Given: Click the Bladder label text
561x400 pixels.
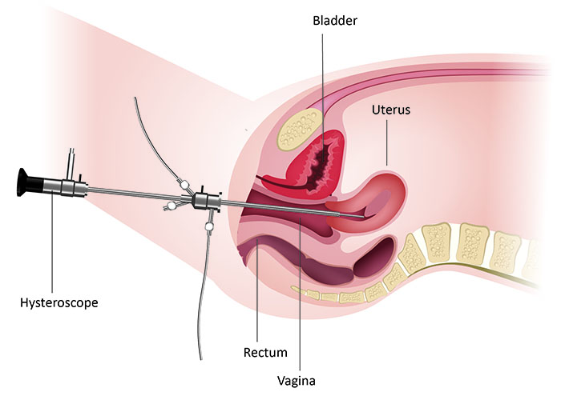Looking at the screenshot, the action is click(x=335, y=20).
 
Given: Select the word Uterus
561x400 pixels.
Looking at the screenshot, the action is click(x=391, y=110).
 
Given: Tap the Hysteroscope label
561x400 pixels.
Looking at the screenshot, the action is click(x=59, y=303).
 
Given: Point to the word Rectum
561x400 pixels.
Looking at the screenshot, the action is click(x=265, y=353).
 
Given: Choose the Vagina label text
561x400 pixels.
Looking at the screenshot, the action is click(x=297, y=381).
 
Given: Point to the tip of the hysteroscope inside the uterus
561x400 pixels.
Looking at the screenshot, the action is click(x=364, y=217).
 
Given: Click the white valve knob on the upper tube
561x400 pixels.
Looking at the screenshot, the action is click(x=184, y=185).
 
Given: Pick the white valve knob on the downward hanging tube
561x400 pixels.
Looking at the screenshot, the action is click(x=209, y=226).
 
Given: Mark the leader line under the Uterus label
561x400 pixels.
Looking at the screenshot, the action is click(x=387, y=142).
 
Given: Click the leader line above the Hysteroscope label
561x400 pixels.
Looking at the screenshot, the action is click(x=52, y=243).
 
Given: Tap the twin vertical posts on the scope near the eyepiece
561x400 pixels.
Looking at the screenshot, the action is click(x=72, y=163).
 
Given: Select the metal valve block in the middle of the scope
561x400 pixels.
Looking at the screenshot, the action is click(x=207, y=201).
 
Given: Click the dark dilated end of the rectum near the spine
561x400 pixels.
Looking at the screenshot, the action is click(x=374, y=257).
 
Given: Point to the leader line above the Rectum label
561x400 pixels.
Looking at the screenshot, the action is click(x=257, y=290).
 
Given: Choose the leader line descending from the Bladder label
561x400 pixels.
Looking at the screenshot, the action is click(x=323, y=97).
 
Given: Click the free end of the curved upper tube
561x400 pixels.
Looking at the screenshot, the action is click(x=135, y=98).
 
